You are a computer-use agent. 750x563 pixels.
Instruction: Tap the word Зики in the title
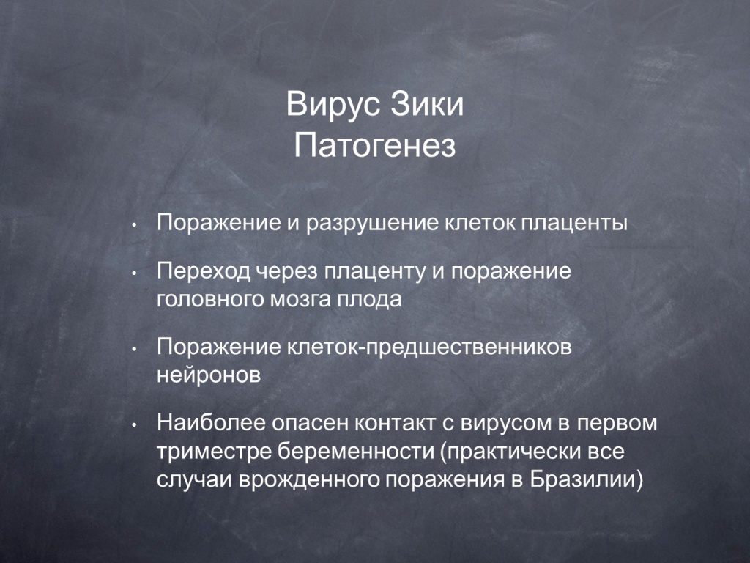(x=427, y=103)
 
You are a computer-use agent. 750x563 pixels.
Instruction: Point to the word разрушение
(x=371, y=223)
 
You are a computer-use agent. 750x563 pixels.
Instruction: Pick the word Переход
(x=204, y=271)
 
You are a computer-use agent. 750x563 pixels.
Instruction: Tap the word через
(x=286, y=272)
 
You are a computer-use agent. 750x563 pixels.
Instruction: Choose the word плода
(x=369, y=300)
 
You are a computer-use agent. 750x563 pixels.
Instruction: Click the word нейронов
(x=209, y=375)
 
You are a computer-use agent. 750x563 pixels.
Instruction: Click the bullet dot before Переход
(x=135, y=273)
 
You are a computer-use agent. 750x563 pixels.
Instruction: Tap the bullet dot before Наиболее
(x=135, y=424)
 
